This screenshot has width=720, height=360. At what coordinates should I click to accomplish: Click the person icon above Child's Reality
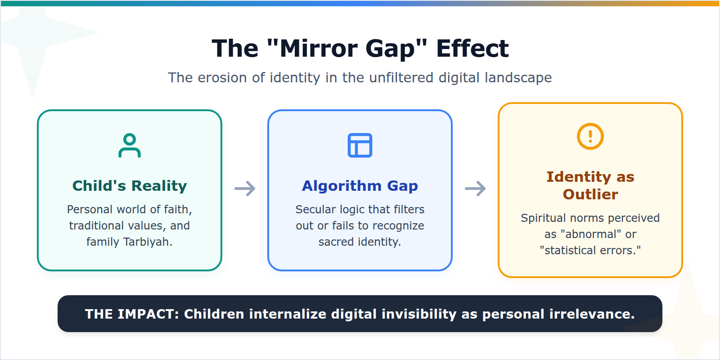click(130, 145)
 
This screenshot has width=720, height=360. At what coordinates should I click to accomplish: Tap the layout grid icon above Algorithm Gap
click(360, 145)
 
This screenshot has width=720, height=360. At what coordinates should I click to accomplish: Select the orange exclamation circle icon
click(590, 136)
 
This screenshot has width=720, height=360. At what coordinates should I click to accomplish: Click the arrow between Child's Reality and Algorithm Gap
click(245, 189)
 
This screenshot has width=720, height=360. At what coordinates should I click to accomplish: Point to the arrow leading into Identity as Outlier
click(475, 189)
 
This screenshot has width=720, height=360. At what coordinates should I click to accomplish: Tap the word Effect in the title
click(472, 49)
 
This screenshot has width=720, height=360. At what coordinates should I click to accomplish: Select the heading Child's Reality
click(130, 186)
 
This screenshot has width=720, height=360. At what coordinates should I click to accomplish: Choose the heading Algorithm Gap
click(360, 186)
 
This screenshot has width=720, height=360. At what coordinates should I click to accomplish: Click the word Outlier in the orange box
click(590, 194)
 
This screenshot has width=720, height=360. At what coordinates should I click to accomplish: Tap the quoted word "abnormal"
click(591, 234)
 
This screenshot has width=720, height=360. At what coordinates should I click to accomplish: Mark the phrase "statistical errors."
click(590, 251)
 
